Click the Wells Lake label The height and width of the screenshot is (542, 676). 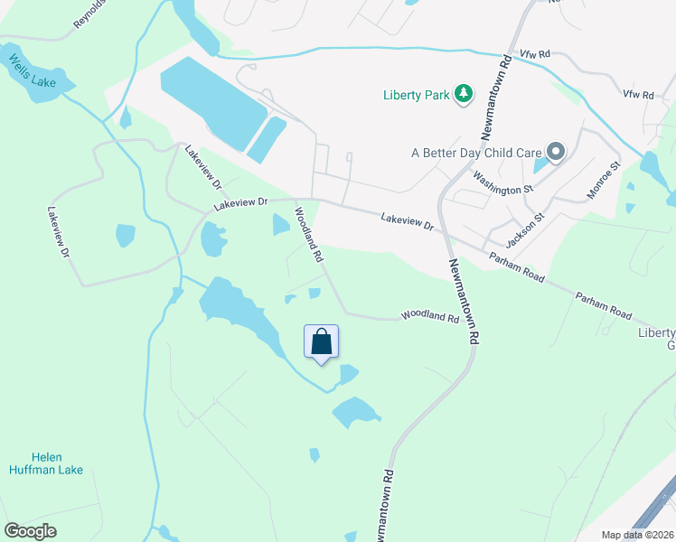pyautogui.click(x=33, y=70)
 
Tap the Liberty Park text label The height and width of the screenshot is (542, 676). pyautogui.click(x=416, y=94)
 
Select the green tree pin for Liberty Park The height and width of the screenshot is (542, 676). pyautogui.click(x=464, y=93)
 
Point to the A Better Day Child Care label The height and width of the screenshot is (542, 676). pyautogui.click(x=475, y=153)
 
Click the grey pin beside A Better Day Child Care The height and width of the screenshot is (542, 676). pyautogui.click(x=555, y=152)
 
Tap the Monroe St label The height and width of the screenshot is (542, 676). pyautogui.click(x=603, y=180)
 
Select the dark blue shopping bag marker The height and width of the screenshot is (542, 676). pyautogui.click(x=321, y=342)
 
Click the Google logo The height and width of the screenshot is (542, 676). pyautogui.click(x=30, y=530)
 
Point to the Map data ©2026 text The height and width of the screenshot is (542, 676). pyautogui.click(x=636, y=535)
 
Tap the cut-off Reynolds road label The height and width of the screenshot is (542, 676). pyautogui.click(x=89, y=15)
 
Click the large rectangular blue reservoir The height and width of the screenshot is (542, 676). pyautogui.click(x=213, y=102)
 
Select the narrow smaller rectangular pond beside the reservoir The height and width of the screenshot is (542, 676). pyautogui.click(x=266, y=140)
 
